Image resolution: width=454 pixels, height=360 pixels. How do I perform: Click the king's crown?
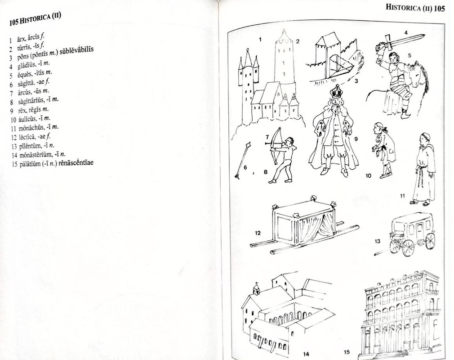click(x=336, y=92)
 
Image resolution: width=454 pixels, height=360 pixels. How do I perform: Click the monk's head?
click(x=424, y=138)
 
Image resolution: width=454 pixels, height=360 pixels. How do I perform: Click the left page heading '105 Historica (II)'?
click(x=35, y=19)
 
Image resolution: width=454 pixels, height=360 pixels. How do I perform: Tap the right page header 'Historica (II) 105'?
click(x=415, y=8)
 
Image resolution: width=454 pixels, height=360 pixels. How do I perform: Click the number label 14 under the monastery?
click(x=306, y=354)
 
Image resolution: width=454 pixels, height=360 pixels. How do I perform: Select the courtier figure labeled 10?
click(x=383, y=149)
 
